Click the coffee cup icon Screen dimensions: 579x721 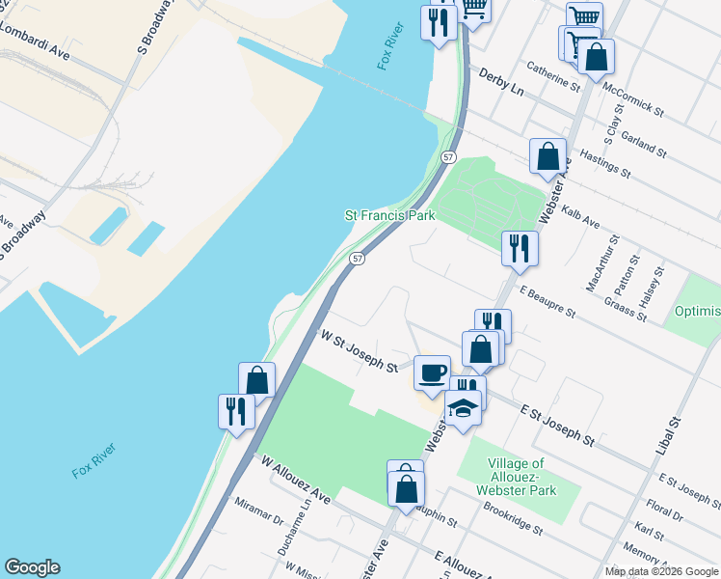click(x=432, y=372)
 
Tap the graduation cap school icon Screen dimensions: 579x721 click(x=464, y=408)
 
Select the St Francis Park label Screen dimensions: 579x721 click(x=389, y=216)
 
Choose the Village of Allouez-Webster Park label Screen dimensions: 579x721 click(x=517, y=477)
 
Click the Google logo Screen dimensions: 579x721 click(x=32, y=567)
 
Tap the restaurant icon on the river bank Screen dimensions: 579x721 click(x=236, y=410)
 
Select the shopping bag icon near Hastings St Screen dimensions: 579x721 click(x=547, y=156)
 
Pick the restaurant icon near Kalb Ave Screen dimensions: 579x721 click(x=520, y=248)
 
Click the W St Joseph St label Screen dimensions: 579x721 click(x=360, y=352)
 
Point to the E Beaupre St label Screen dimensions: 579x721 click(x=547, y=301)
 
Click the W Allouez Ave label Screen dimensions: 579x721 click(x=296, y=479)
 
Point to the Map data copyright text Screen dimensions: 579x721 click(x=661, y=571)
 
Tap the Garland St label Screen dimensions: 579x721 click(x=644, y=144)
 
